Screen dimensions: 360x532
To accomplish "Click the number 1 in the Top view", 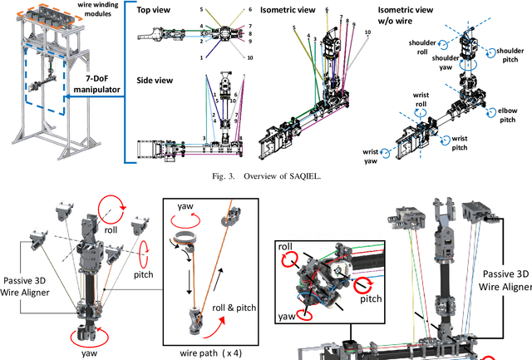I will click(x=200, y=58).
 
